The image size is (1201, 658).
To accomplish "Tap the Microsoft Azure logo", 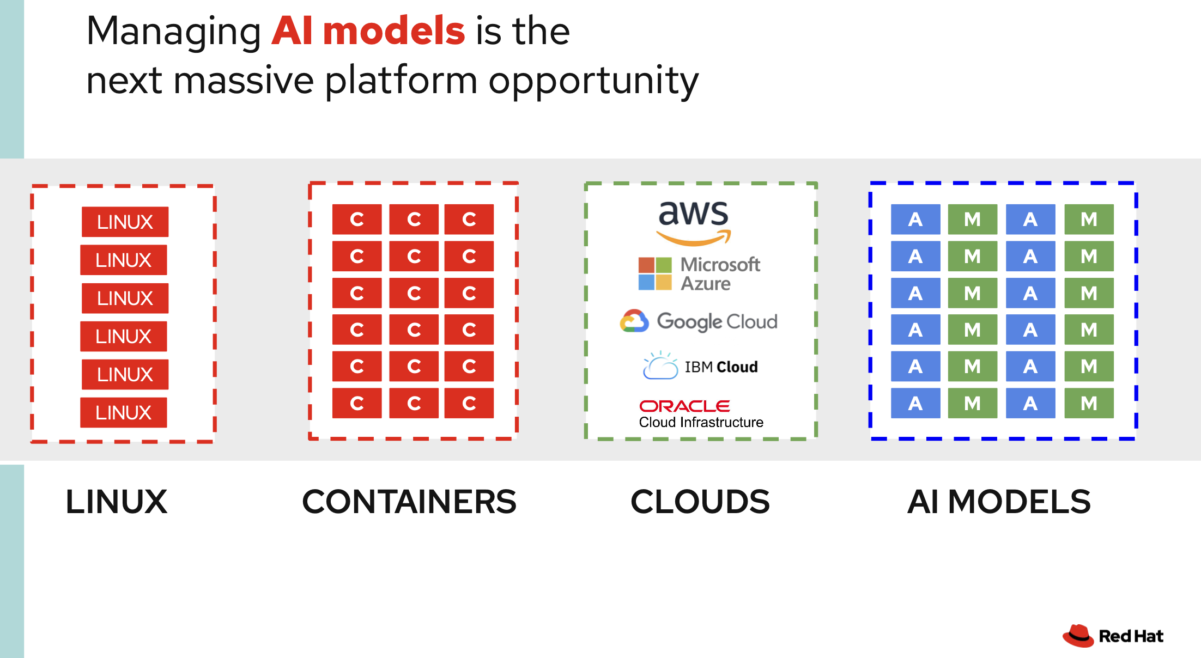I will pyautogui.click(x=700, y=274).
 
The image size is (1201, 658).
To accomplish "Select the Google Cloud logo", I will pyautogui.click(x=699, y=321).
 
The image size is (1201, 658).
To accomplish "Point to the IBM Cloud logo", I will pyautogui.click(x=701, y=366).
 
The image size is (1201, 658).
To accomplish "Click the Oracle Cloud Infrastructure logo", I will pyautogui.click(x=701, y=414).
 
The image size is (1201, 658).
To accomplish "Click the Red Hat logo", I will pyautogui.click(x=1113, y=636).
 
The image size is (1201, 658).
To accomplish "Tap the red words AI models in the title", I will pyautogui.click(x=368, y=31).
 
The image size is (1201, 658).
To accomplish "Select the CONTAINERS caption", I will pyautogui.click(x=409, y=502).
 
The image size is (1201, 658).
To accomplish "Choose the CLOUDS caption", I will pyautogui.click(x=700, y=502).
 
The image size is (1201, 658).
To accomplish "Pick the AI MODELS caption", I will pyautogui.click(x=999, y=502).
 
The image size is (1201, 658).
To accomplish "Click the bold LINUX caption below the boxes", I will pyautogui.click(x=117, y=502).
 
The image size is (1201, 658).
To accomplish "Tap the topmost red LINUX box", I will pyautogui.click(x=125, y=222).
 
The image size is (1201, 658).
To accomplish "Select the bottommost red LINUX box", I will pyautogui.click(x=124, y=412).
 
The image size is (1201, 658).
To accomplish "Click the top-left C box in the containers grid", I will pyautogui.click(x=357, y=219).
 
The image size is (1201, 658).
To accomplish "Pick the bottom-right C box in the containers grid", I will pyautogui.click(x=469, y=403).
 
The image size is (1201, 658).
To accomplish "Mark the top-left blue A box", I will pyautogui.click(x=915, y=219).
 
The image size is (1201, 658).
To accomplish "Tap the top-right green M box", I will pyautogui.click(x=1089, y=219).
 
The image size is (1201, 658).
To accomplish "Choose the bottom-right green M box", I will pyautogui.click(x=1089, y=403).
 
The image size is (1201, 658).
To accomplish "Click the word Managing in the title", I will pyautogui.click(x=173, y=31).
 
